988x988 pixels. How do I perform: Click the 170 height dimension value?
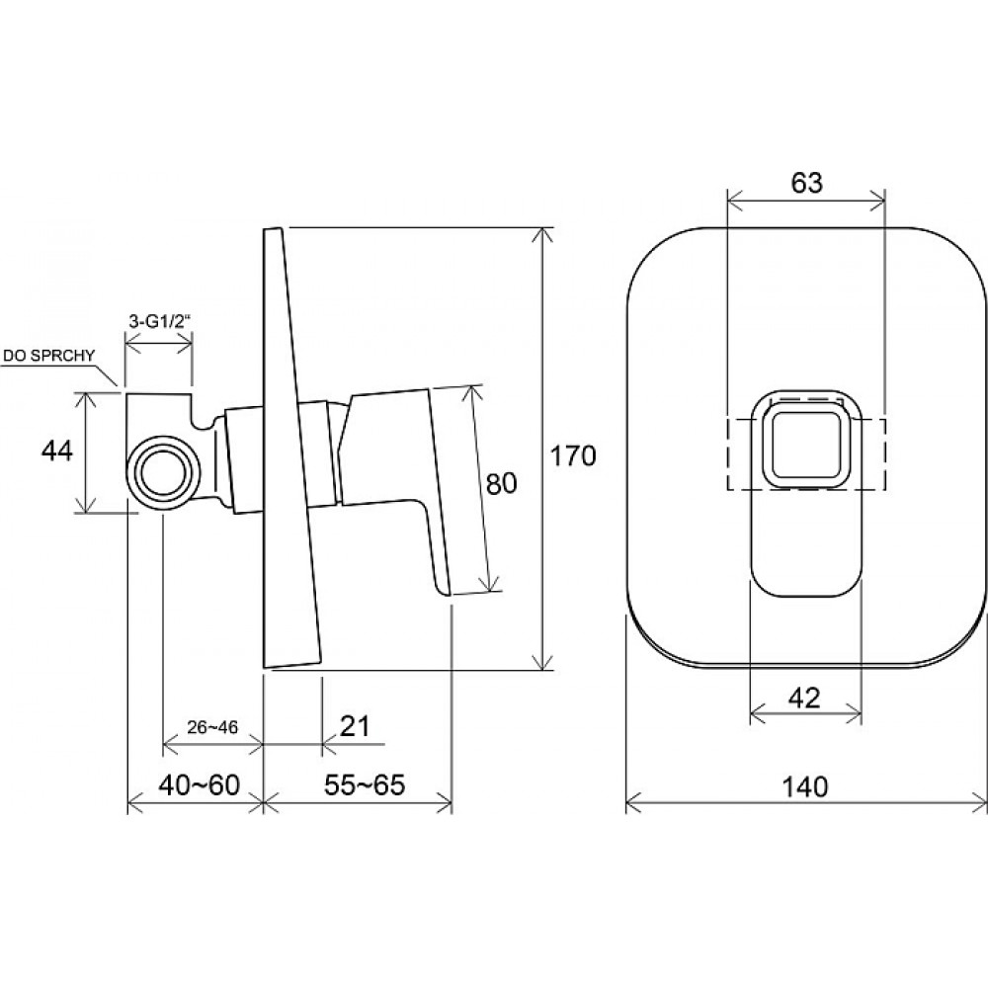coord(573,455)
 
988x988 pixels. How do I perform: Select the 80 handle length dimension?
coord(502,483)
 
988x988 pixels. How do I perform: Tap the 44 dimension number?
coord(56,452)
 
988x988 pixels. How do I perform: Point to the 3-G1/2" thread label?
coord(159,320)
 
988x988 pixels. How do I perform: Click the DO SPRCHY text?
coord(48,356)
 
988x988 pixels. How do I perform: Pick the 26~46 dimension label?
coord(212,727)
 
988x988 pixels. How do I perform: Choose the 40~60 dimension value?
coord(200,785)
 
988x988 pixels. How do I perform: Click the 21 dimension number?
coord(355,726)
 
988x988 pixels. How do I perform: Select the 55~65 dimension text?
coord(365,785)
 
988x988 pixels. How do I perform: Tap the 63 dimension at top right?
coord(806,183)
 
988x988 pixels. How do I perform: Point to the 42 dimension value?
coord(804,699)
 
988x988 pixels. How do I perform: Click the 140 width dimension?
coord(804,787)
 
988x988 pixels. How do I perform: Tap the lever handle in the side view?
coord(394,485)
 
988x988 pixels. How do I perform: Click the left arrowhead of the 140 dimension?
coord(633,804)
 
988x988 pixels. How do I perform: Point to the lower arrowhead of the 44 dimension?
coord(85,505)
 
